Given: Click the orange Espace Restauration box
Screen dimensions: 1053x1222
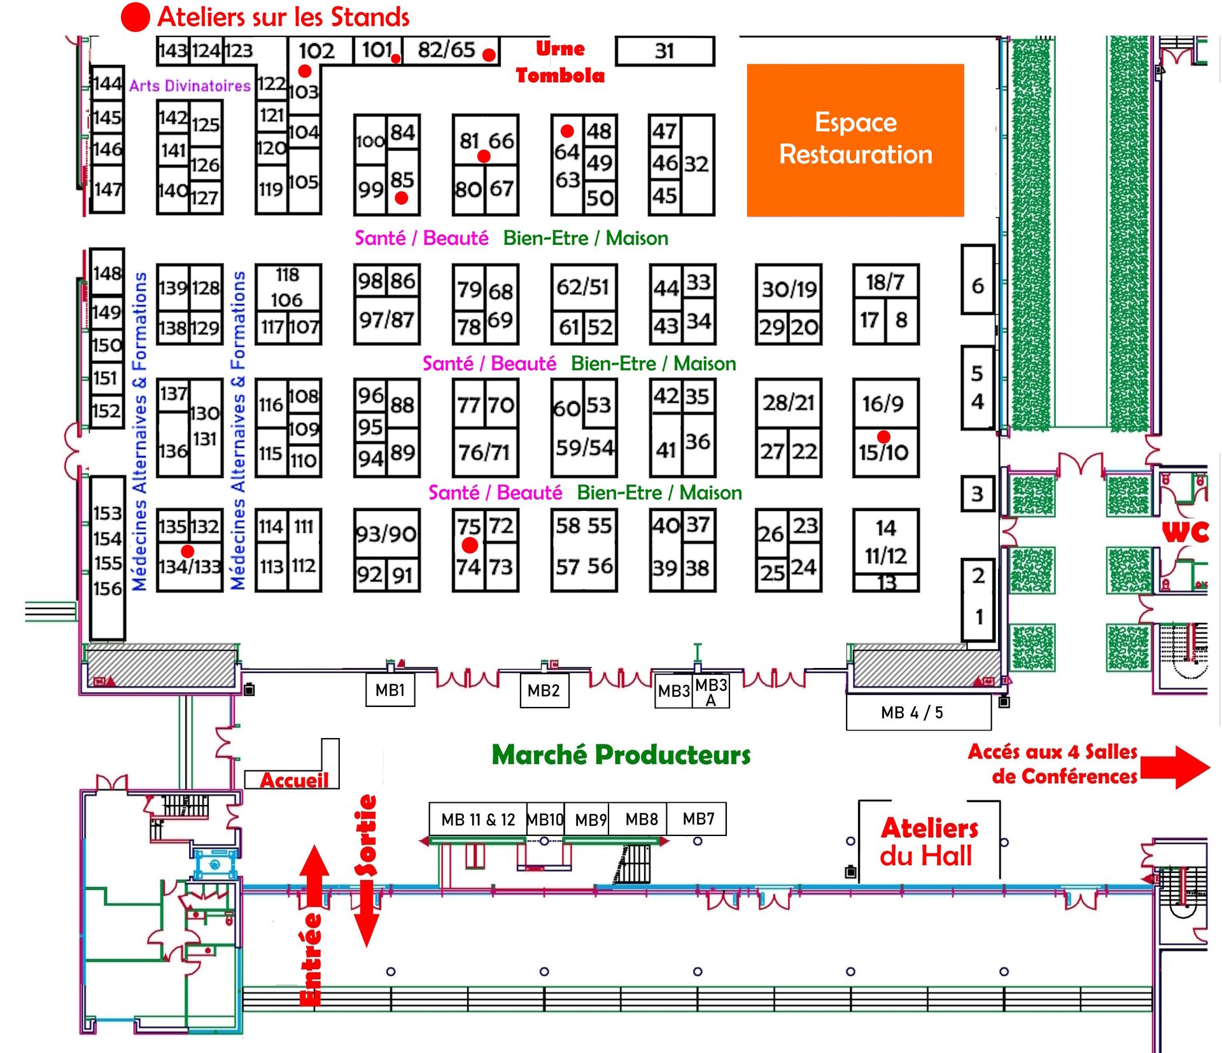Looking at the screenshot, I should [855, 140].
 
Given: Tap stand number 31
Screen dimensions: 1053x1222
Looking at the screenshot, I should [664, 51].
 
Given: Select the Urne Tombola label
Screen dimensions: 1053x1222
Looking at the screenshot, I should [560, 62].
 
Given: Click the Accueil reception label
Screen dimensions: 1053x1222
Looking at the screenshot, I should [294, 780].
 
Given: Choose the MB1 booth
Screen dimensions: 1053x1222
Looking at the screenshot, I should [390, 690].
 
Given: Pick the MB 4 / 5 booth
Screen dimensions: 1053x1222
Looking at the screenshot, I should [918, 713].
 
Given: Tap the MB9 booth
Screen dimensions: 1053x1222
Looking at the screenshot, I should [590, 819].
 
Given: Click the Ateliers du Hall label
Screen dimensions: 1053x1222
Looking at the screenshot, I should [929, 841].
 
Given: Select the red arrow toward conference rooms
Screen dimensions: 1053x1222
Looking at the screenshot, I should [1174, 767].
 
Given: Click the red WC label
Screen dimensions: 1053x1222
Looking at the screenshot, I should [1185, 532].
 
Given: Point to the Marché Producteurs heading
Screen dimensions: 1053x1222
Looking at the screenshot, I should [621, 755].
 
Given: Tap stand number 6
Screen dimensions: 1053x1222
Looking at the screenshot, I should [978, 286].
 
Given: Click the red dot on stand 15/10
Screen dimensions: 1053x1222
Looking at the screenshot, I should [883, 436].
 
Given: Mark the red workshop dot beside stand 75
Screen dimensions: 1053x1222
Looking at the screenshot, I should [470, 545].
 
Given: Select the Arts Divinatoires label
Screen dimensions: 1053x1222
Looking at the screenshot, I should [190, 86].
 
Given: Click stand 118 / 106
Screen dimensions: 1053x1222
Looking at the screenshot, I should [288, 288].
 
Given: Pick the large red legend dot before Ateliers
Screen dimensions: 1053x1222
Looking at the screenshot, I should [135, 17].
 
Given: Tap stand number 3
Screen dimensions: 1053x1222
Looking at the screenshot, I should [978, 494].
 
